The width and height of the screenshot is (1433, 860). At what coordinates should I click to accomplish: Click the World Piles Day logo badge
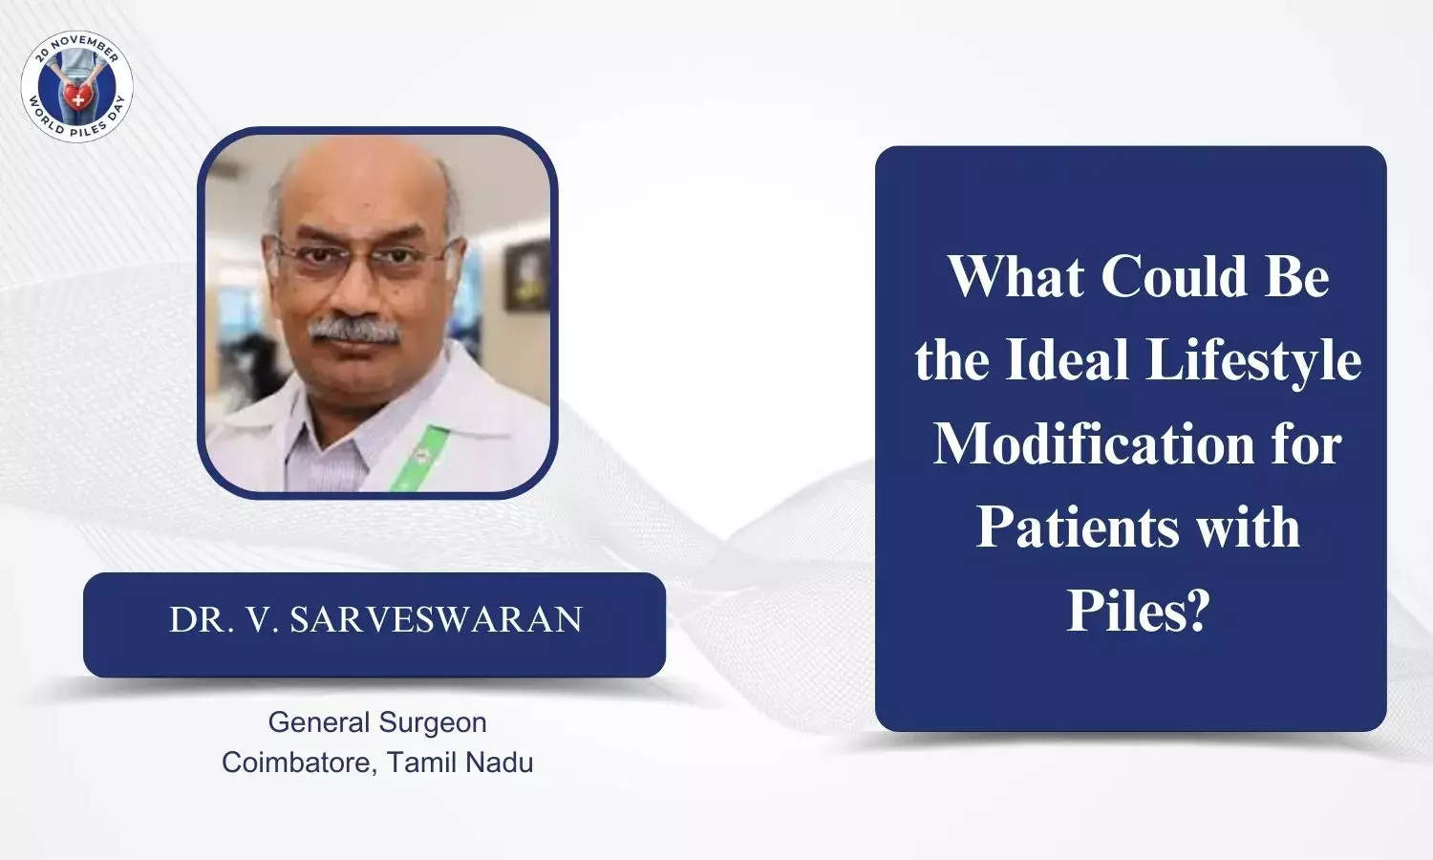pyautogui.click(x=76, y=86)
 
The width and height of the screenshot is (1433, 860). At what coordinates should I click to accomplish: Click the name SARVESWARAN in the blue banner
pyautogui.click(x=437, y=619)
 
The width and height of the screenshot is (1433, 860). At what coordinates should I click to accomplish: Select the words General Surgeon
pyautogui.click(x=377, y=722)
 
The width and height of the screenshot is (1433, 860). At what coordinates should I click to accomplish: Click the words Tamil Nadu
pyautogui.click(x=460, y=763)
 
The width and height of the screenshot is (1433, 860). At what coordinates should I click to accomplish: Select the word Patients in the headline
pyautogui.click(x=1078, y=527)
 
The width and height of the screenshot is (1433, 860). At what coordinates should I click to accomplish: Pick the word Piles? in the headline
pyautogui.click(x=1136, y=611)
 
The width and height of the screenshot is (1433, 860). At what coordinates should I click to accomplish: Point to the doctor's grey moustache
pyautogui.click(x=353, y=331)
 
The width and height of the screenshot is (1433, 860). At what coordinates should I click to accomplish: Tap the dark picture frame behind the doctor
pyautogui.click(x=526, y=275)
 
